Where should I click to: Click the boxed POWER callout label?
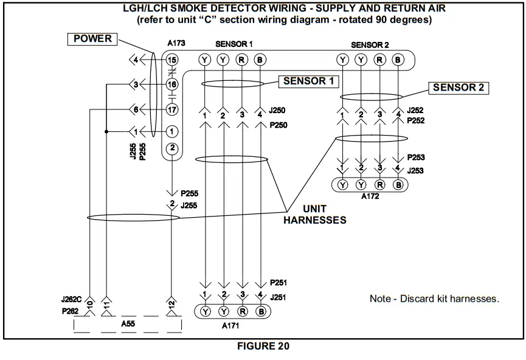(x=92, y=40)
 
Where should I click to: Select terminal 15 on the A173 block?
(x=172, y=60)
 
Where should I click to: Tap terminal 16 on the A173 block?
(x=172, y=85)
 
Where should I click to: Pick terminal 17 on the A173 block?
(x=172, y=110)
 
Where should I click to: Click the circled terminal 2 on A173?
(x=172, y=148)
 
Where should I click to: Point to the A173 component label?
(x=176, y=44)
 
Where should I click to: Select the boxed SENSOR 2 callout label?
(x=458, y=88)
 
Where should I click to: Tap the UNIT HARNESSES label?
(x=314, y=215)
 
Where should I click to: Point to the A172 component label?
(x=371, y=197)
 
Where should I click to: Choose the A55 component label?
(x=128, y=324)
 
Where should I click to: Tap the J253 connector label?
(x=417, y=171)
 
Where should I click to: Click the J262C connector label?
(x=72, y=300)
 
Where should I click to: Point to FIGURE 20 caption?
(x=263, y=347)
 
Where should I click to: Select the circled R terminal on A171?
(x=242, y=311)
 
